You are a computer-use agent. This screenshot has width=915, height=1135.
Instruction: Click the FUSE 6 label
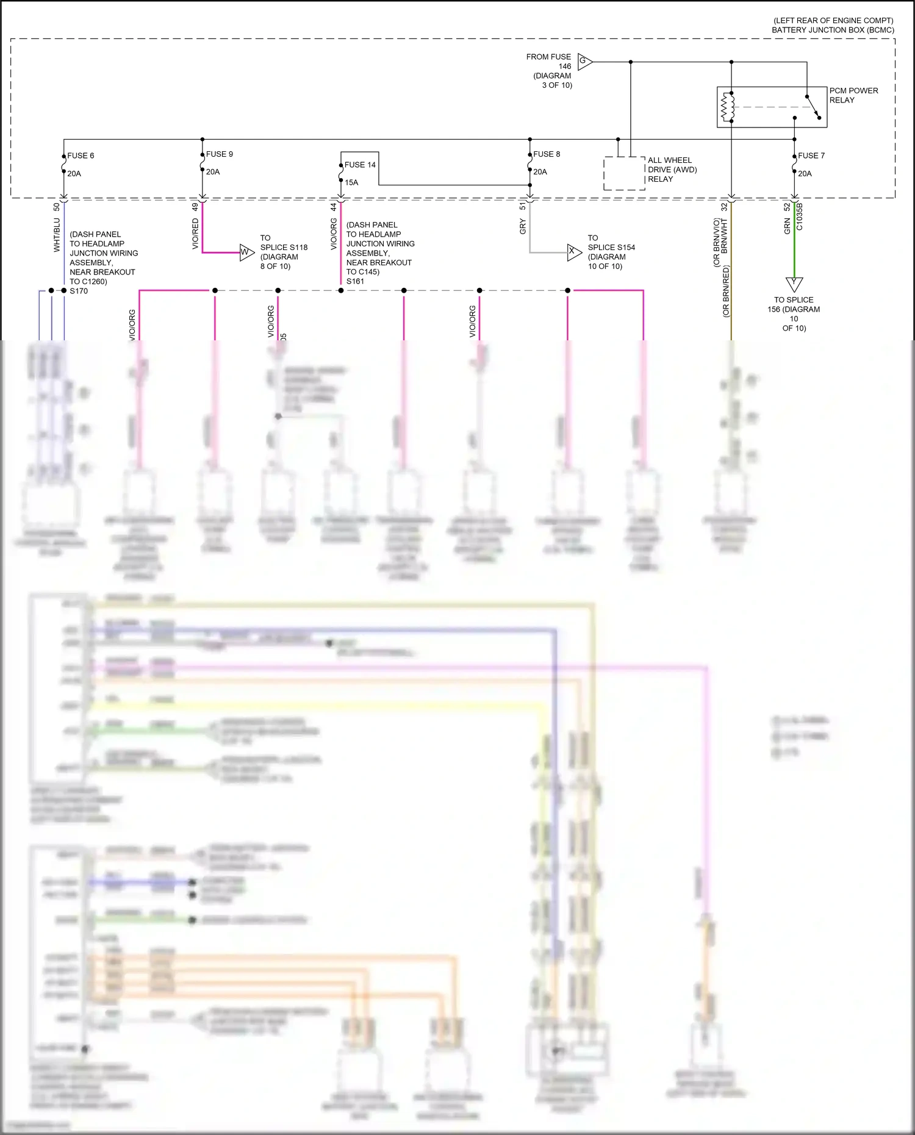(81, 156)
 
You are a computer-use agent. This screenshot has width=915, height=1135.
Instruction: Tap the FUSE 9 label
(219, 154)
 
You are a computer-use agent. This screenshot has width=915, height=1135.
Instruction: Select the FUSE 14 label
(360, 165)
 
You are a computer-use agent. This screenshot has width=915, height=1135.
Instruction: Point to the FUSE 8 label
(546, 154)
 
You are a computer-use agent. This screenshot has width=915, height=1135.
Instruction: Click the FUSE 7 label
(811, 156)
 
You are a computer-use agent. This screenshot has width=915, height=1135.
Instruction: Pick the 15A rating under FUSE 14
(351, 182)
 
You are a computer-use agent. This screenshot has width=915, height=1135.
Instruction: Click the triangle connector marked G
(584, 61)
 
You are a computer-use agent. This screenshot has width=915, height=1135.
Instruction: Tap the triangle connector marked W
(245, 252)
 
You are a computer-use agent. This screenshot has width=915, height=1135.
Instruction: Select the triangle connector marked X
(573, 251)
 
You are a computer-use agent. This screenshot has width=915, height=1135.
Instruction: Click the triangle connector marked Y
(794, 284)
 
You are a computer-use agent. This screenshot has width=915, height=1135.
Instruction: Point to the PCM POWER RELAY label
(853, 95)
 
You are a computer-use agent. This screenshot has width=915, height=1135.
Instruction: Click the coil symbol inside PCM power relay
(727, 107)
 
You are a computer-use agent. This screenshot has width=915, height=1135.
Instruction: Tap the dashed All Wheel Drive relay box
(624, 173)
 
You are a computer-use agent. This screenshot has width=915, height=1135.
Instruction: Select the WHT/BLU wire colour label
(57, 236)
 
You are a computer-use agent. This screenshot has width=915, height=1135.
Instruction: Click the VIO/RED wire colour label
(195, 234)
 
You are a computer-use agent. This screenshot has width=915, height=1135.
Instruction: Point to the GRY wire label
(523, 227)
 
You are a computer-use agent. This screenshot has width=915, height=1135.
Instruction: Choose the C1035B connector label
(800, 217)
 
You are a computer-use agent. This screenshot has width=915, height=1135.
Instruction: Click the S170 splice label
(79, 291)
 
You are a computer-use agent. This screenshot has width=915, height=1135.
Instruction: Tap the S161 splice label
(355, 281)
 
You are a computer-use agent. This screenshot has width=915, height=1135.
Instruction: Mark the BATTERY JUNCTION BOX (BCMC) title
(833, 30)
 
